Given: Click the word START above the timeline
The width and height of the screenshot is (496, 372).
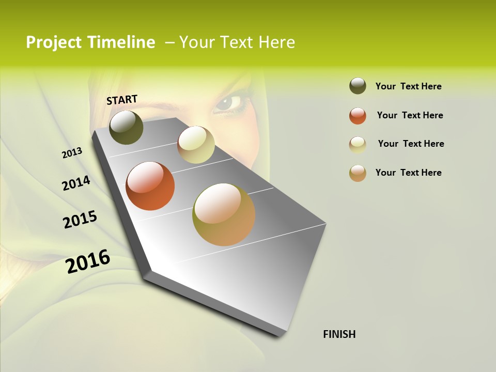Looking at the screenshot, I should [122, 100].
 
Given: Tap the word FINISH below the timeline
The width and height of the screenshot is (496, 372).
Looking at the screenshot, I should [339, 334].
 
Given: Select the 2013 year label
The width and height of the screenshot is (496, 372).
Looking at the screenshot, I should [72, 153].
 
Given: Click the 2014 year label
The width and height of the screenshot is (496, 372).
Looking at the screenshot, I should [76, 183].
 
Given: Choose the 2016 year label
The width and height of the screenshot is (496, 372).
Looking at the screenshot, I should [88, 261].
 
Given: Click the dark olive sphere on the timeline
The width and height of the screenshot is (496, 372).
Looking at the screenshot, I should [126, 127].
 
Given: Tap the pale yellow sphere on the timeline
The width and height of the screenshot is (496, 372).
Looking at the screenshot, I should [196, 145].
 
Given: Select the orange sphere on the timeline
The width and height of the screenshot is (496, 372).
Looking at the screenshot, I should [150, 186].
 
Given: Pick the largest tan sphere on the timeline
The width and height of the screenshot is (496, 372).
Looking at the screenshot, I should [224, 214].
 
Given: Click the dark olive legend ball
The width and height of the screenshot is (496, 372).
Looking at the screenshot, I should [358, 86].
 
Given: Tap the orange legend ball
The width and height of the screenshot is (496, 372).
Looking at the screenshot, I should [358, 115].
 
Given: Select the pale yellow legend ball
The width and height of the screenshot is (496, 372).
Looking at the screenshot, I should [358, 144].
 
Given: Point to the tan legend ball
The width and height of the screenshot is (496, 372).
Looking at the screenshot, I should [358, 173].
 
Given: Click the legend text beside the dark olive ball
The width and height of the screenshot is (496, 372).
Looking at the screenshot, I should [408, 86].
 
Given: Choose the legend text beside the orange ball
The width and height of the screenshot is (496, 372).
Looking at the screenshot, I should [410, 115].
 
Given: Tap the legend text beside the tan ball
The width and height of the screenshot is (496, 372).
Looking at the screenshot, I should [408, 173].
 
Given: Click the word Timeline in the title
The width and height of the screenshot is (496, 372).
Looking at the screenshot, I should [121, 42].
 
